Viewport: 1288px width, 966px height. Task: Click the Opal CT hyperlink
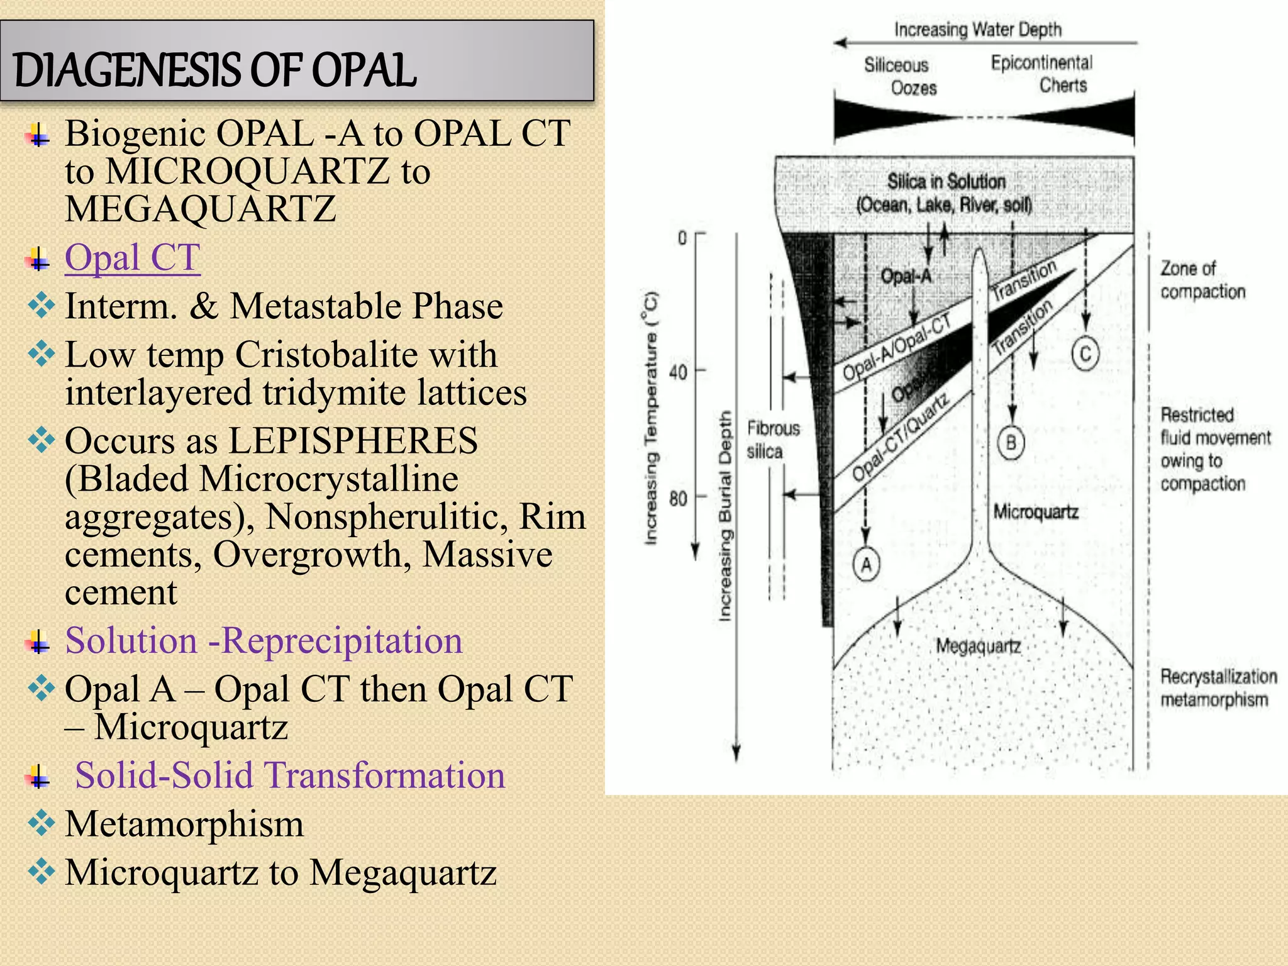click(x=132, y=257)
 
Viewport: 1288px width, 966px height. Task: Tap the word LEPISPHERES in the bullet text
click(x=353, y=440)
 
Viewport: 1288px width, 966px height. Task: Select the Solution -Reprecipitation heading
click(x=264, y=641)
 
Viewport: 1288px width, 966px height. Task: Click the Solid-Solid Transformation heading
click(x=290, y=775)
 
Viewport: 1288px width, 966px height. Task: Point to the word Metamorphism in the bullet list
click(x=184, y=824)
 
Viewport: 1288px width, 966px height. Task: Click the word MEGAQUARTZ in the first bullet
click(x=200, y=209)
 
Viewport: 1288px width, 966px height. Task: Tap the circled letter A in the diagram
click(x=866, y=564)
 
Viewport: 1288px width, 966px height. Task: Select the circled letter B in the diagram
click(x=1011, y=442)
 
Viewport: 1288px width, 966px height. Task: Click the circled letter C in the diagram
click(x=1085, y=353)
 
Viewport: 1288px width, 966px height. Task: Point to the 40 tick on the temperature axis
click(x=678, y=372)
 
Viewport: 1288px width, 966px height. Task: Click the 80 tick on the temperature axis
click(x=678, y=499)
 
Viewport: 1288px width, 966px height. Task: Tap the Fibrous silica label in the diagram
click(x=773, y=440)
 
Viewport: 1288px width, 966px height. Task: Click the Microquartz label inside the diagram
click(x=1035, y=512)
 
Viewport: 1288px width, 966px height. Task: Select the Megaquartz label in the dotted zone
click(x=978, y=646)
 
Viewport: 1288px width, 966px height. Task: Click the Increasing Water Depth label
click(x=978, y=30)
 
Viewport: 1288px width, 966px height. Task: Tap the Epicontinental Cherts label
click(x=1042, y=74)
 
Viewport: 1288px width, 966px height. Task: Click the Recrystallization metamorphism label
click(x=1218, y=688)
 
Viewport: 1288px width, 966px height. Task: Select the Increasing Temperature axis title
click(x=651, y=418)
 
